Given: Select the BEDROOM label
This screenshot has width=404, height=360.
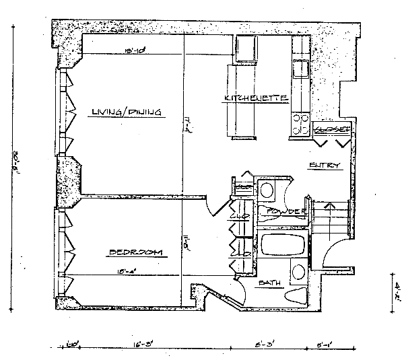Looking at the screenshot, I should point(136,252).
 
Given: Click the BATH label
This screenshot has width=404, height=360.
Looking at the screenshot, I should point(270,283).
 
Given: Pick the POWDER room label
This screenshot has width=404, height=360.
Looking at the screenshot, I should point(285,212).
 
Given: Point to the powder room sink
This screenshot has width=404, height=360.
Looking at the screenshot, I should point(267,189).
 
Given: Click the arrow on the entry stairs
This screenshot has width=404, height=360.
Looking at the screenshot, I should point(329,205).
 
